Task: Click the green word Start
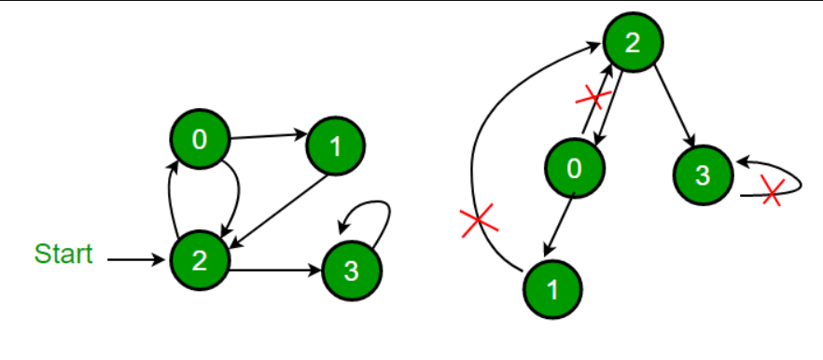coord(63,254)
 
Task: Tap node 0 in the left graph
coord(199,140)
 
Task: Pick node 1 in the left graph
coord(336,145)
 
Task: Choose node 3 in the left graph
coord(351,271)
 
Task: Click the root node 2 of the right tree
coord(633,42)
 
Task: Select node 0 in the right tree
coord(574,168)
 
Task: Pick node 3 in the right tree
coord(703,174)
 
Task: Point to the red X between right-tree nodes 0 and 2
coord(593,96)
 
